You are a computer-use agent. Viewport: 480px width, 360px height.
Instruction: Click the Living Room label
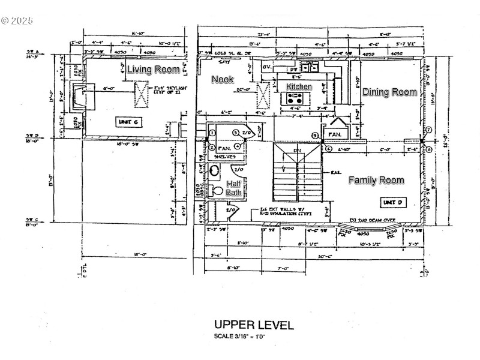153,70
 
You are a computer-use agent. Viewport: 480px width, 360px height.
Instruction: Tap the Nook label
223,79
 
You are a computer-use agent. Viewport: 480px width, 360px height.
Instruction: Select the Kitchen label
299,87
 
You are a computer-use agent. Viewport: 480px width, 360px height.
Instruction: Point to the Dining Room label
389,92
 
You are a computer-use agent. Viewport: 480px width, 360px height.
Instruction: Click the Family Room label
376,180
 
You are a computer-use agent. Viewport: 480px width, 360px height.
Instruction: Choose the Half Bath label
233,188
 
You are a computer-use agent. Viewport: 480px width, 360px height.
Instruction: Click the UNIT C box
128,122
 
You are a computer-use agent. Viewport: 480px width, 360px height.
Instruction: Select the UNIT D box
393,203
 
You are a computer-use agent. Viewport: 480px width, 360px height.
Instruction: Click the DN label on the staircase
297,151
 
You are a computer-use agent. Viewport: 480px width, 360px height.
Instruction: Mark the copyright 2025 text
17,20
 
